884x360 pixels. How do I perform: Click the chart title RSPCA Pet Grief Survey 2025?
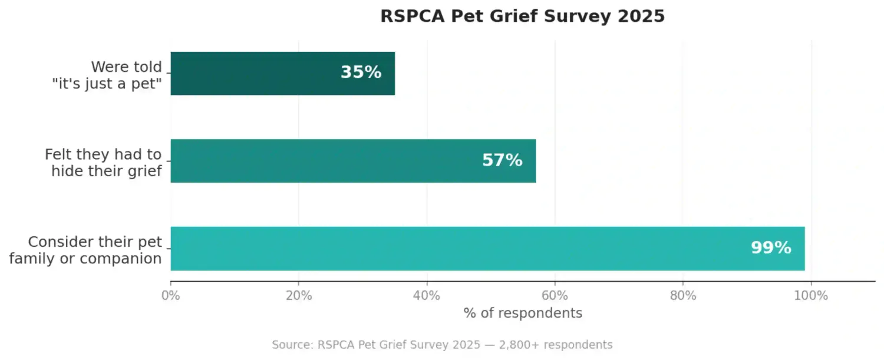tap(522, 16)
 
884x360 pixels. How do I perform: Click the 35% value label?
tap(361, 72)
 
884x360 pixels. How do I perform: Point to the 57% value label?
tap(502, 160)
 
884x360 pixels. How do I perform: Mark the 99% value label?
tap(770, 248)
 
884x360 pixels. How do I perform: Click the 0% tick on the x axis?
tap(171, 296)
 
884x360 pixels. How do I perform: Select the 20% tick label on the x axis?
tap(299, 296)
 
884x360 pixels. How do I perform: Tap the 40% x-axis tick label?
tap(427, 296)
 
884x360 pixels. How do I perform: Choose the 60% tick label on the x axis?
tap(555, 296)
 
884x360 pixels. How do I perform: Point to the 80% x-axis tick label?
tap(683, 296)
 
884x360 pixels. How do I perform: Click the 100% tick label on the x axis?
tap(811, 296)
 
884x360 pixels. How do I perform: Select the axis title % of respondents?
tap(523, 313)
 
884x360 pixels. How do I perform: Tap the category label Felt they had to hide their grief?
tap(103, 163)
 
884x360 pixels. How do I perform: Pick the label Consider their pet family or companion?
tap(86, 250)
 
